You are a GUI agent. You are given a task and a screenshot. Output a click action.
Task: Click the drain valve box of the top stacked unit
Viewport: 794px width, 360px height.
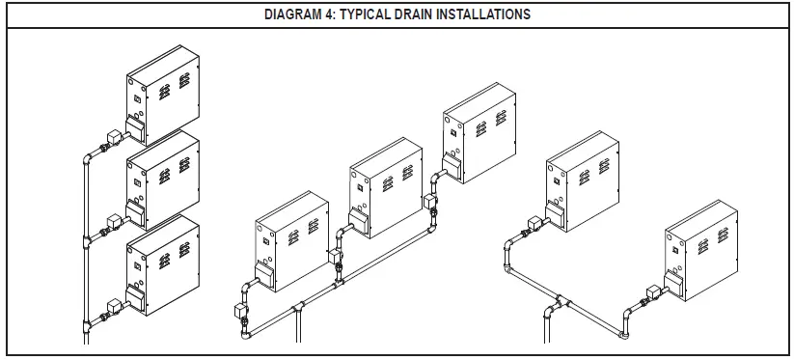click(113, 137)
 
